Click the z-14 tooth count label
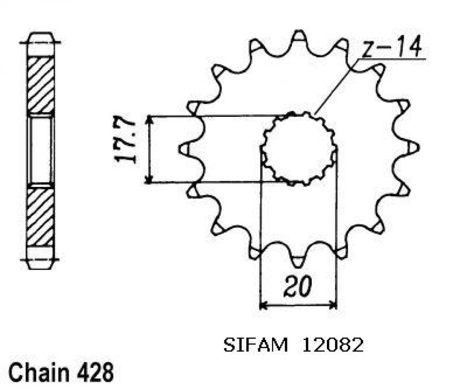click(x=392, y=49)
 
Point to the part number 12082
click(x=333, y=345)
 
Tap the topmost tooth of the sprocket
click(x=300, y=37)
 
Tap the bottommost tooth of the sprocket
click(x=298, y=261)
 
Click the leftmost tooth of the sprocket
click(x=186, y=149)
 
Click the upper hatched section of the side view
click(x=41, y=86)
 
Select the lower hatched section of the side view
click(x=41, y=217)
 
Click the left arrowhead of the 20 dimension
click(x=263, y=306)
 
